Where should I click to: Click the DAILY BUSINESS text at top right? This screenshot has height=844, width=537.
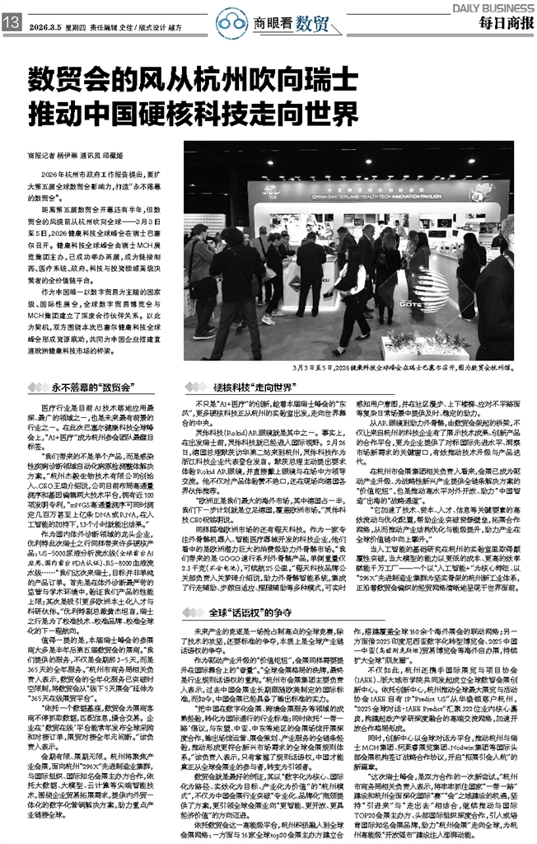pos(491,7)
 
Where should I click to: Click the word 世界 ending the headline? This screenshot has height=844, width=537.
pos(310,113)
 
